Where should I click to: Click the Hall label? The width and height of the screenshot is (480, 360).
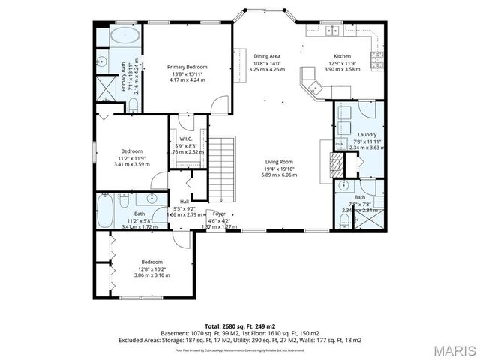pyautogui.click(x=184, y=202)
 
